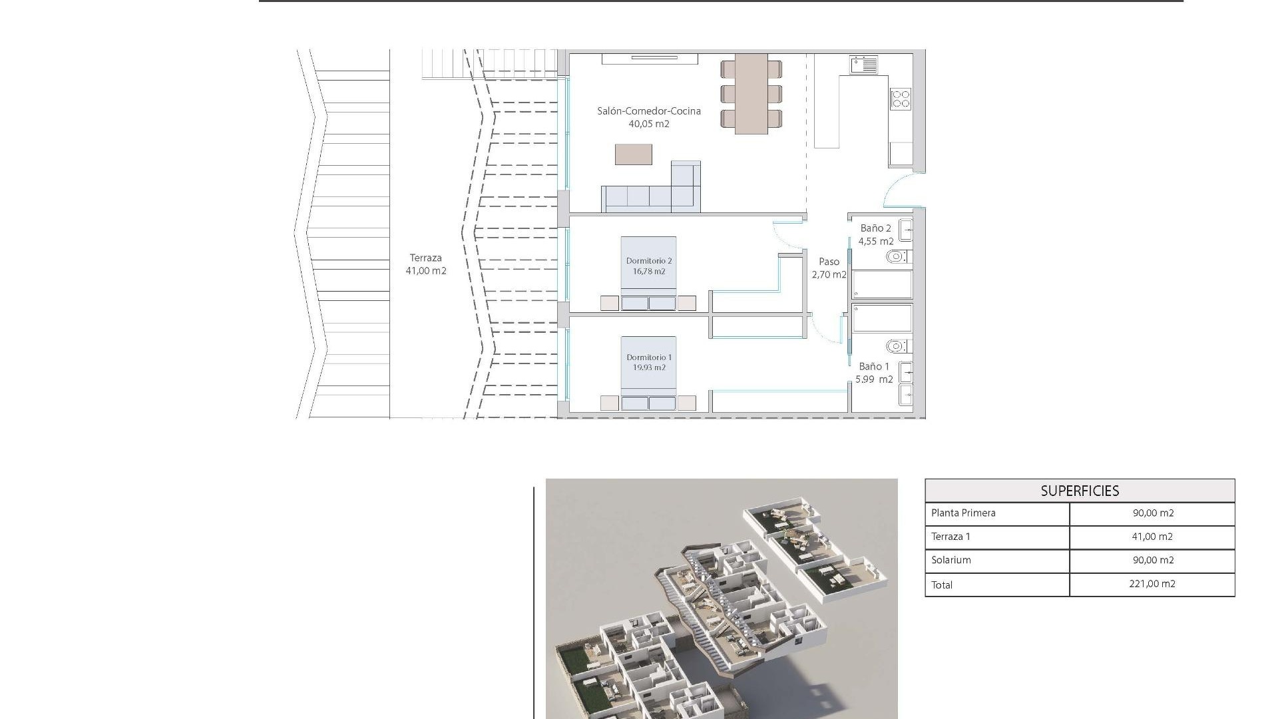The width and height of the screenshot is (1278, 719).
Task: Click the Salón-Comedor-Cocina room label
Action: (648, 117)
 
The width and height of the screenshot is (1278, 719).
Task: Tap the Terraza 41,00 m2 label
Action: (426, 264)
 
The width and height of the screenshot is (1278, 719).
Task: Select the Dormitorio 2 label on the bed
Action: (649, 266)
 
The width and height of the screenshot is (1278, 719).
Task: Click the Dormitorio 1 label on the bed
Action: (649, 362)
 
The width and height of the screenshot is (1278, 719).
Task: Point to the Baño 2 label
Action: (875, 234)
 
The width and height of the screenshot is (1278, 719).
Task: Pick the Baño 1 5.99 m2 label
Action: (874, 373)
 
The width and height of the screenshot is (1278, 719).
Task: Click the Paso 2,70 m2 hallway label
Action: (829, 268)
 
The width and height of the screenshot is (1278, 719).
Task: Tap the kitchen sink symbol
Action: (863, 65)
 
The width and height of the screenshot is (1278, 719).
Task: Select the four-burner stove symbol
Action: (901, 99)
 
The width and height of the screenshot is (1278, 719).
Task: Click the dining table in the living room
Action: (751, 93)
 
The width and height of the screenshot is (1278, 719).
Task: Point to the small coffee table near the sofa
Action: (633, 154)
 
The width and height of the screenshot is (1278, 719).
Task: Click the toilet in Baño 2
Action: (897, 256)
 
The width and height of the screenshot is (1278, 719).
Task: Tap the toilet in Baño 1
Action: (897, 346)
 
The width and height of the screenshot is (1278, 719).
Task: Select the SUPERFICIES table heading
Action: (1080, 491)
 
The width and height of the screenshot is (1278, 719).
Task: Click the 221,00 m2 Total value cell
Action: (1152, 584)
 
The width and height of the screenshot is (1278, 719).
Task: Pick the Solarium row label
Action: (951, 560)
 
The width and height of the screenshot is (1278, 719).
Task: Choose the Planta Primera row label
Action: (963, 513)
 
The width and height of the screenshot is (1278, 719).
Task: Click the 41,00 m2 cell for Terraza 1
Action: (1152, 537)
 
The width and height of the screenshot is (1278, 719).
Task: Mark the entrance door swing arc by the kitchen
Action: (900, 188)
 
